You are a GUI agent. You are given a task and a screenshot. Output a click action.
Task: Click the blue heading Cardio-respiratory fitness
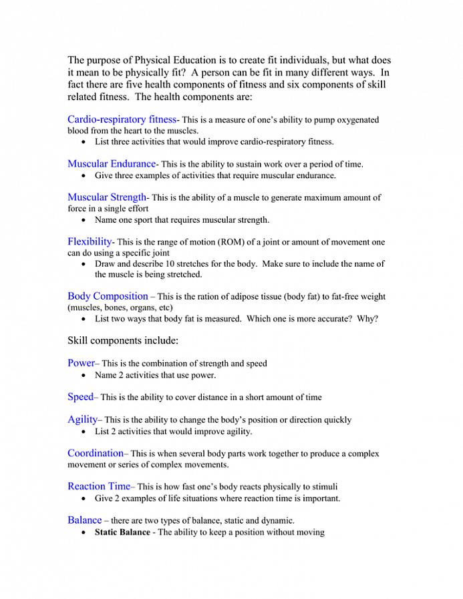click(121, 119)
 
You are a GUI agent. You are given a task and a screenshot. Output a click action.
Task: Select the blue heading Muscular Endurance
click(111, 163)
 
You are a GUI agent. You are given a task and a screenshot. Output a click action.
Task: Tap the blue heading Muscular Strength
click(106, 197)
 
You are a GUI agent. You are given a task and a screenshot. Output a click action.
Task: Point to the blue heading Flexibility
click(90, 241)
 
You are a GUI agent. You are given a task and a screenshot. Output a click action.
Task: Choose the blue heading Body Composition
click(108, 296)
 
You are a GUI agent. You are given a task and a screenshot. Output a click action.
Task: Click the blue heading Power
click(81, 363)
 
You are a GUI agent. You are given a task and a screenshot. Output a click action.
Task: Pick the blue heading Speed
click(80, 397)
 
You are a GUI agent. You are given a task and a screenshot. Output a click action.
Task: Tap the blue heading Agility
click(82, 420)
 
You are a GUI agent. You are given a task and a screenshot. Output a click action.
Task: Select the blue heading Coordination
click(95, 453)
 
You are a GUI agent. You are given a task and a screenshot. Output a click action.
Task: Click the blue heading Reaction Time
click(98, 486)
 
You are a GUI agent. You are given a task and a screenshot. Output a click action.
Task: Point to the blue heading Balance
click(84, 520)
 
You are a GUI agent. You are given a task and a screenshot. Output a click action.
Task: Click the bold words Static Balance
click(122, 532)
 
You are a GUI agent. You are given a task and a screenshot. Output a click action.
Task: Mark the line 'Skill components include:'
click(123, 341)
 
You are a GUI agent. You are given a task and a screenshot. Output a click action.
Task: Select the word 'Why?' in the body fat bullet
click(367, 319)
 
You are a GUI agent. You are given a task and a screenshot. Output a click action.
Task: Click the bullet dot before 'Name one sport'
click(83, 220)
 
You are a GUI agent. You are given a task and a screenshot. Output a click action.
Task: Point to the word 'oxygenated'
click(355, 120)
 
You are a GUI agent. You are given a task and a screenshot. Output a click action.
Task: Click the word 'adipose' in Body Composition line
click(244, 297)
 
